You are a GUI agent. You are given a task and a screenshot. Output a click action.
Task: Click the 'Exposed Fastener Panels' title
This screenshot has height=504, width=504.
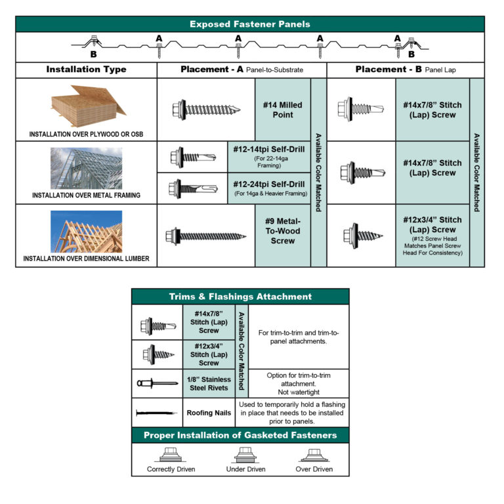250,24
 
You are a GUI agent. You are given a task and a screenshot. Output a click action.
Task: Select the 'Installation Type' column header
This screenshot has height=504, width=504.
86,70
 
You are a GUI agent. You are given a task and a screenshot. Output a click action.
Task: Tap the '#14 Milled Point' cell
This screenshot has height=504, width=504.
282,110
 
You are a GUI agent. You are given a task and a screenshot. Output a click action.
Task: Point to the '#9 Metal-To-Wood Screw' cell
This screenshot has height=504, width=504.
282,235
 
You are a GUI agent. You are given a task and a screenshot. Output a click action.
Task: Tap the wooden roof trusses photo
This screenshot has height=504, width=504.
86,231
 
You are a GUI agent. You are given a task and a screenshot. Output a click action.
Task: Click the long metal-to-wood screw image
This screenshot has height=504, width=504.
205,235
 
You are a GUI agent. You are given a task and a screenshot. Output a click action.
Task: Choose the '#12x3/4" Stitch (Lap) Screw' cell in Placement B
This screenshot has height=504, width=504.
432,235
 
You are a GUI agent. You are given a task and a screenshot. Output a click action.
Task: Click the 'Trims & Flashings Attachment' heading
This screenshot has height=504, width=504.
240,297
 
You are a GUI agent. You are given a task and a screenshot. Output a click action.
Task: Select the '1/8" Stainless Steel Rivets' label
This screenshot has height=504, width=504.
209,383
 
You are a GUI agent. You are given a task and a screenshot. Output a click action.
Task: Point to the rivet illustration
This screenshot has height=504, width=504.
157,383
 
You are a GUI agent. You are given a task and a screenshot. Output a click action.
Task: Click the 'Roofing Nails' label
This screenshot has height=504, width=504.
209,413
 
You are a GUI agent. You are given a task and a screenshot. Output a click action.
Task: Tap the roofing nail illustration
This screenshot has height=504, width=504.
157,413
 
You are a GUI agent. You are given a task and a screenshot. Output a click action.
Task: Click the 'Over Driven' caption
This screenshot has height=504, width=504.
314,469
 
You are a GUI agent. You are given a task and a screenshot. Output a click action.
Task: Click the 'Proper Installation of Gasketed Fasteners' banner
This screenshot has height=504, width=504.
240,435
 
